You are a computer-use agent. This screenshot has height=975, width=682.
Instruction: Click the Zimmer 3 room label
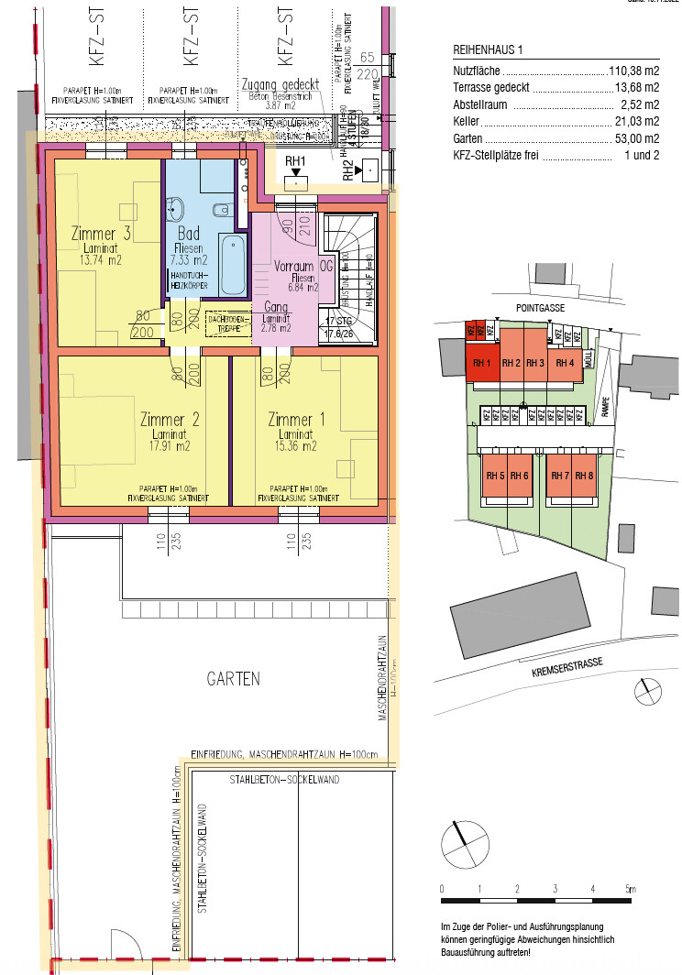101,233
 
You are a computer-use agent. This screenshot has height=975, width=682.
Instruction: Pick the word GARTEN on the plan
233,679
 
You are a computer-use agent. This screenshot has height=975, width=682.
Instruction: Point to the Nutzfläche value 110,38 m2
634,71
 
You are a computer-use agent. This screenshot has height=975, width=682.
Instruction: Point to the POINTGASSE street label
540,309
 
